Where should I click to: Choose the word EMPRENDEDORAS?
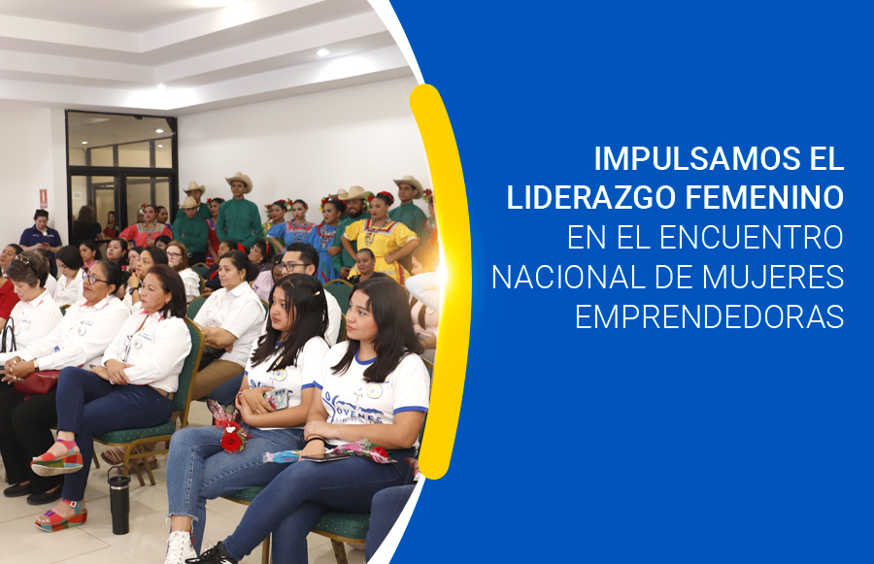[x=709, y=316]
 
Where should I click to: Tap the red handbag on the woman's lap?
[x=37, y=382]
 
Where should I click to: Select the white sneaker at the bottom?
[x=181, y=547]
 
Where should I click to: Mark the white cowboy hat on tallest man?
[x=239, y=180]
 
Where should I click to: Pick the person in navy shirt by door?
[x=40, y=233]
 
